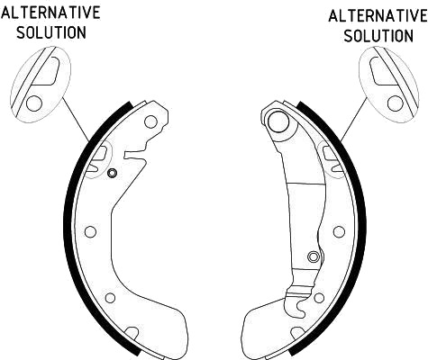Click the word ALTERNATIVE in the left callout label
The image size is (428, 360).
50,13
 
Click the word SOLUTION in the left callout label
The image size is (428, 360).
51,32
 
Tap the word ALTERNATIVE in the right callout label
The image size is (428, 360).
378,15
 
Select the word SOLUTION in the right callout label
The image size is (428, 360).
378,36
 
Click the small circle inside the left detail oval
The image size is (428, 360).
34,103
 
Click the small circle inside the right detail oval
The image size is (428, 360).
396,103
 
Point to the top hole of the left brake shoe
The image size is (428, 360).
150,121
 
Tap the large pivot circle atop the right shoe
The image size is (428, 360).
278,121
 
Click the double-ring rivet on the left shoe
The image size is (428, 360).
112,173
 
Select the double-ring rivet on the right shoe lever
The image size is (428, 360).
314,256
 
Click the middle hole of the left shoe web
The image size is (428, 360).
90,231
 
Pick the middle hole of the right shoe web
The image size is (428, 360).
339,231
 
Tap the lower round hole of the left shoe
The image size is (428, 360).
111,298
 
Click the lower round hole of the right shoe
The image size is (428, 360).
319,298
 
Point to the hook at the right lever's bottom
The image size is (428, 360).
300,309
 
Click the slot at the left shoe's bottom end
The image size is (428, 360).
132,332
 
